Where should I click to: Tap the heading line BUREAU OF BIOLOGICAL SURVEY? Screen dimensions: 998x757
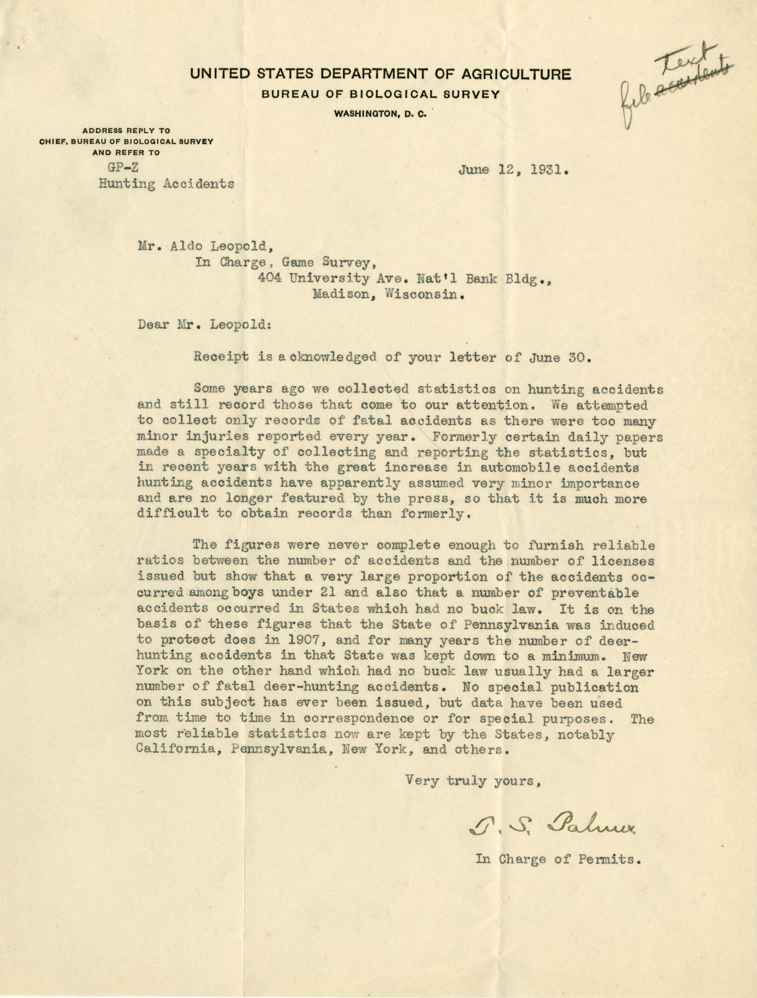[381, 95]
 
